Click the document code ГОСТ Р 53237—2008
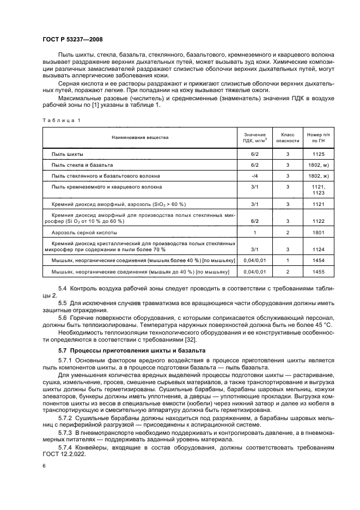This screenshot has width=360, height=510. (72, 39)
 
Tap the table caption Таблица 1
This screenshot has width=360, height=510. (61, 119)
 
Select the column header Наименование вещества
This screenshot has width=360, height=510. (141, 137)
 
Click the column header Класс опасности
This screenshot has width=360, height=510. (288, 137)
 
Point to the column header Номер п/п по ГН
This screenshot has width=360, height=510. (319, 137)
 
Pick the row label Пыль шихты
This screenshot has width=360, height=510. (67, 154)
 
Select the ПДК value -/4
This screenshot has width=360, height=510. (254, 176)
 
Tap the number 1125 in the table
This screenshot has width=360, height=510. (319, 154)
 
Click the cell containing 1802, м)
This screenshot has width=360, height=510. (319, 165)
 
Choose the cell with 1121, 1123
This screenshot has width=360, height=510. (319, 190)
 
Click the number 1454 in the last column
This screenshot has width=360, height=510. (319, 260)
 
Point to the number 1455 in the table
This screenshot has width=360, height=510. (319, 271)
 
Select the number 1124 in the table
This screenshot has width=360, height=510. (319, 249)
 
